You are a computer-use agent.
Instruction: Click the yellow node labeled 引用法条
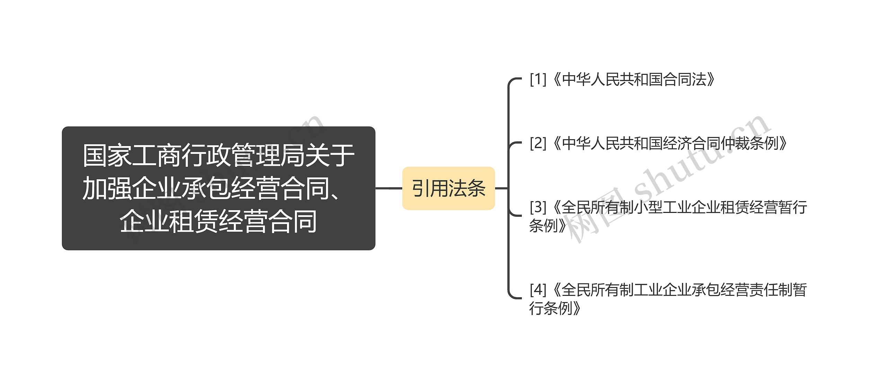(448, 188)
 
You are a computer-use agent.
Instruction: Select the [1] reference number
(538, 80)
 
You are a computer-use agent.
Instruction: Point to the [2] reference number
(538, 143)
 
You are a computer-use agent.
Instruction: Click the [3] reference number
(538, 207)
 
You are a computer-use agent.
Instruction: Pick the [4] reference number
(538, 290)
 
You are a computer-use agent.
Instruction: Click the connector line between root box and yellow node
(389, 188)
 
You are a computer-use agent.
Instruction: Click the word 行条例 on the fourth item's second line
(551, 308)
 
